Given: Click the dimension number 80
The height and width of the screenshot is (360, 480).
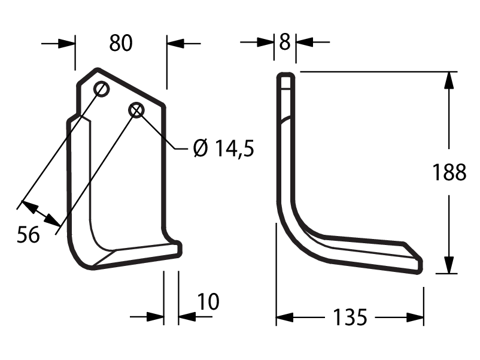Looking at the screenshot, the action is tap(121, 43).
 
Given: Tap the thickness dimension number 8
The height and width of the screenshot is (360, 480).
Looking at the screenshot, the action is tap(285, 42).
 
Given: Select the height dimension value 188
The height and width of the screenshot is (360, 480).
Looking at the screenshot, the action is tap(449, 172).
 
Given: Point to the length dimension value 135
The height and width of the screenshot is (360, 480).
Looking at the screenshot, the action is tap(350, 317).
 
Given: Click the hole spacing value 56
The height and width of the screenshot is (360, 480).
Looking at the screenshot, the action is tap(28, 235).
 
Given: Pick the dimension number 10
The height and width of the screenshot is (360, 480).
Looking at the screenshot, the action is tap(208, 301).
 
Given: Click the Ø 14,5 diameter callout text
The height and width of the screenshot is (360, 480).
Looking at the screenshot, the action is tap(224, 148).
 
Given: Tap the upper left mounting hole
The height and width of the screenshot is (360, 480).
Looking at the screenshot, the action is tap(101, 89).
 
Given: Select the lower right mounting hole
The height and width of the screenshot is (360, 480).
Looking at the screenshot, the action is tap(136, 110).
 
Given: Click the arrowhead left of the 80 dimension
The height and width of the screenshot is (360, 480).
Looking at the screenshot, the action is tap(66, 44).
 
